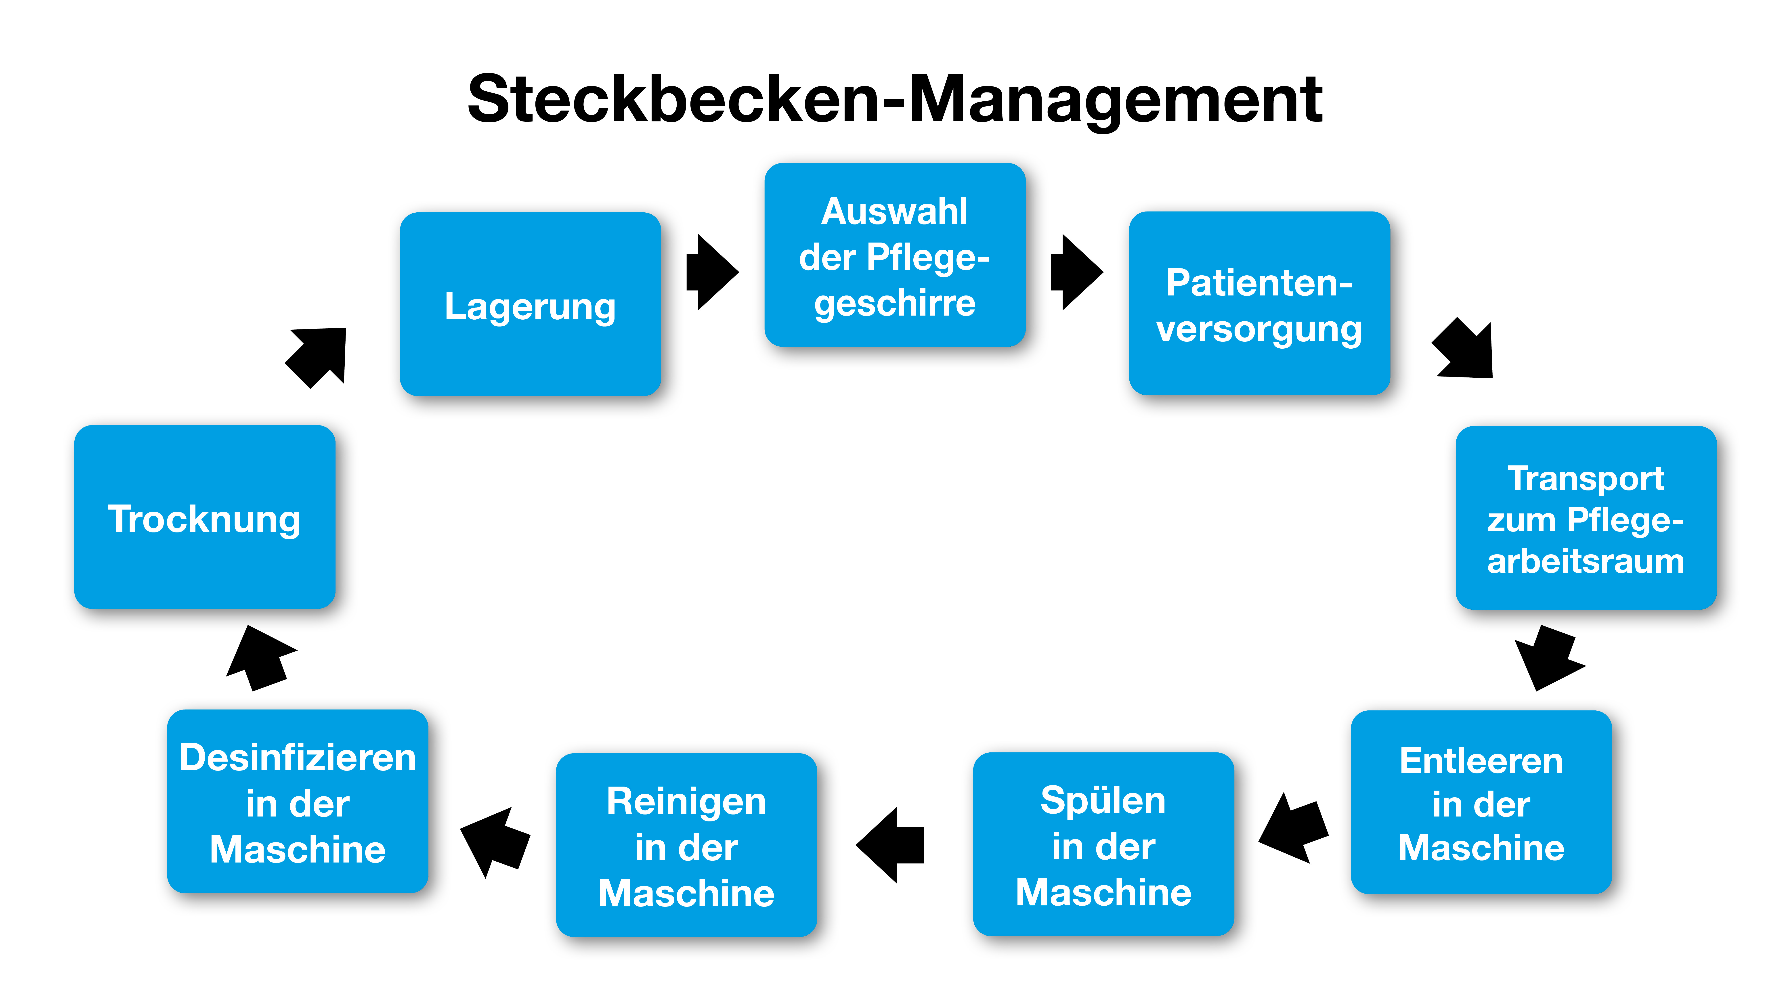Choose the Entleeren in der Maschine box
1481,802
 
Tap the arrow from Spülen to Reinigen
890,845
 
